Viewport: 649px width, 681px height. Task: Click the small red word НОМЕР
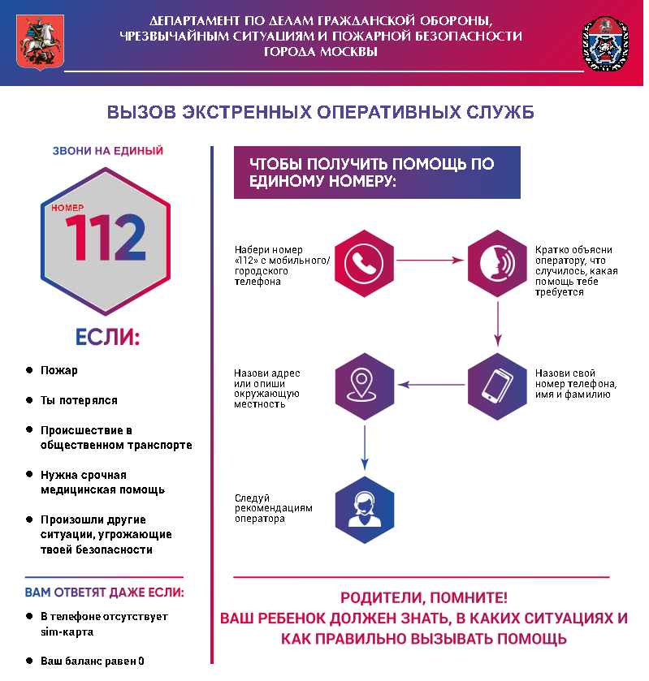pos(67,208)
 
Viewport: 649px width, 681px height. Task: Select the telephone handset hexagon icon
pos(364,261)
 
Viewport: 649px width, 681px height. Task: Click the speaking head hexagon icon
pos(497,261)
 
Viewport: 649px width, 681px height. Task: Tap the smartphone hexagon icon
pos(497,386)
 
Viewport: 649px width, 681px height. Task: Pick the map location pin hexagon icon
pos(364,386)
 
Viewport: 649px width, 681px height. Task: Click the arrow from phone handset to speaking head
pos(431,261)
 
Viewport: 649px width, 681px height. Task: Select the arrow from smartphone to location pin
pos(431,386)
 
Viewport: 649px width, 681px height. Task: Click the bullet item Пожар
pos(59,370)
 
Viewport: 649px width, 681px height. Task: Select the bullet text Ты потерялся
pos(79,400)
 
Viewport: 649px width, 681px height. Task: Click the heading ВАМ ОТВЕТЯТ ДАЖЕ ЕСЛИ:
pos(104,593)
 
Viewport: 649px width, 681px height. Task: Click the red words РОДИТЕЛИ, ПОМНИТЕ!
pos(423,598)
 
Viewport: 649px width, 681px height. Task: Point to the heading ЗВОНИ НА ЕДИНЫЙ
pos(107,151)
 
